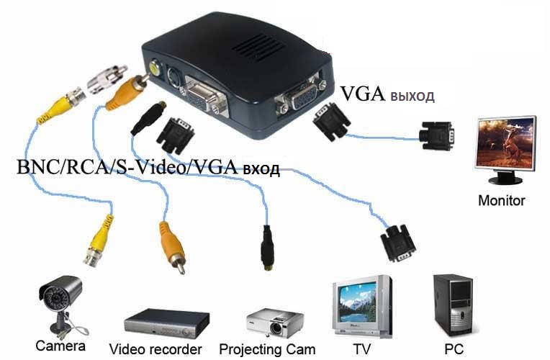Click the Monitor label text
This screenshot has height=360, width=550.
[501, 200]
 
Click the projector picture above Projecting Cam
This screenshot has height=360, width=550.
[275, 323]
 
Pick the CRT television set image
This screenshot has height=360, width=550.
[362, 306]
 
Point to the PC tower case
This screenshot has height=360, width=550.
[454, 306]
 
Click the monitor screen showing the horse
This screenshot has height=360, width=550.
[506, 143]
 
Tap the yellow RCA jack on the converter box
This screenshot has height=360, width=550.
[154, 67]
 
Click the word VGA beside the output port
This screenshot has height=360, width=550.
[363, 94]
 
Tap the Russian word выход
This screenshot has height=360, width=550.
[412, 96]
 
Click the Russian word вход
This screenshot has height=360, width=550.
[261, 169]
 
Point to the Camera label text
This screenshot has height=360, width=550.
[60, 346]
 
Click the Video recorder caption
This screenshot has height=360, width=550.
[155, 349]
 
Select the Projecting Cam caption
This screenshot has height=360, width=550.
[267, 349]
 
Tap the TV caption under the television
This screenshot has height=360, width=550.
[361, 349]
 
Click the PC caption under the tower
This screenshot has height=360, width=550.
[454, 349]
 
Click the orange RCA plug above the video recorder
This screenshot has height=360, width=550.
[172, 246]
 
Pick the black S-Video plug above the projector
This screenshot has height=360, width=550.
[267, 248]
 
